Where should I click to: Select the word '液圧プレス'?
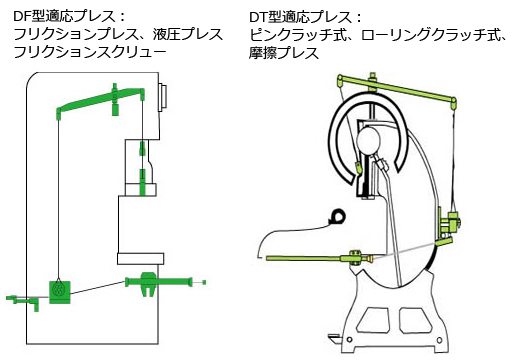tap(188, 34)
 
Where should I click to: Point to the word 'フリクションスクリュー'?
tap(90, 52)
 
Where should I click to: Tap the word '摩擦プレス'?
tap(284, 53)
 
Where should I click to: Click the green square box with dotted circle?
tap(60, 292)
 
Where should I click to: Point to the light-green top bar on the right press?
tap(397, 89)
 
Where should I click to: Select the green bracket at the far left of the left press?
tap(23, 301)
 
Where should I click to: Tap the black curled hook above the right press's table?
tap(337, 217)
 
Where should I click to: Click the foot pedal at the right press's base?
tap(335, 338)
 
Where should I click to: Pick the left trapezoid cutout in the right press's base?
tap(373, 320)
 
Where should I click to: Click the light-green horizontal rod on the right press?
tap(320, 258)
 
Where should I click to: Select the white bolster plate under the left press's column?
tap(140, 259)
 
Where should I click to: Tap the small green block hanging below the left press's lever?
tap(116, 109)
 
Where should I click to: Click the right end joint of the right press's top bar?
tap(453, 102)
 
